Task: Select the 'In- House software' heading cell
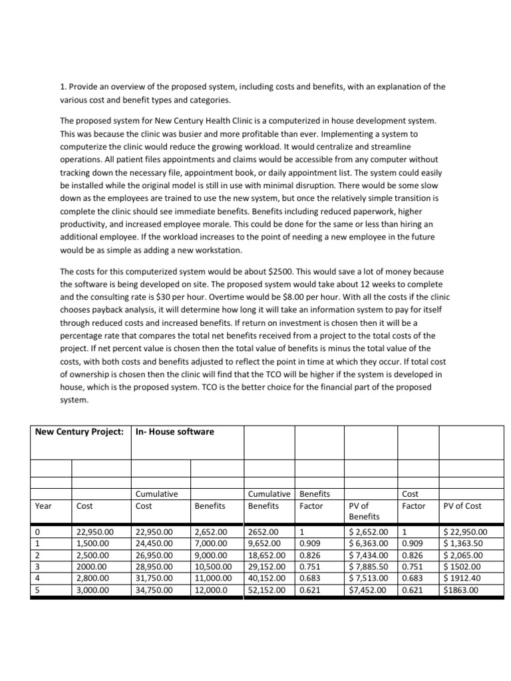tap(174, 432)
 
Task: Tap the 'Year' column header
tap(43, 505)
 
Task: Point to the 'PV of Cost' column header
tap(462, 505)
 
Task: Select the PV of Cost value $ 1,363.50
tap(464, 543)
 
